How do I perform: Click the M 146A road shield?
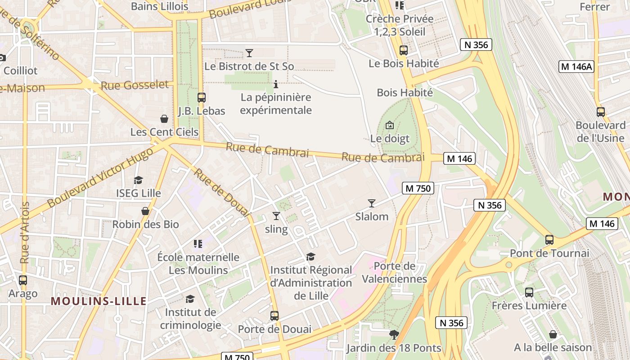click(x=576, y=67)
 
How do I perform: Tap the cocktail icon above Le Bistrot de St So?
click(x=249, y=53)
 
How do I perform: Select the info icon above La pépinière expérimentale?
click(x=276, y=84)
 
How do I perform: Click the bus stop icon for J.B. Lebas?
click(x=202, y=98)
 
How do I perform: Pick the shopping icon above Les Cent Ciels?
click(x=164, y=119)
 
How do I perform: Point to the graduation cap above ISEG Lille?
click(x=138, y=180)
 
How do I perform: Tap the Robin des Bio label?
click(x=145, y=224)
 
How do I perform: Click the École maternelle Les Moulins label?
click(x=198, y=264)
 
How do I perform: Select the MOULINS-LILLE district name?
click(x=99, y=301)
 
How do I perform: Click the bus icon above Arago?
click(x=23, y=280)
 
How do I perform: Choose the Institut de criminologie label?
click(x=191, y=319)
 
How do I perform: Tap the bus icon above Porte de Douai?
click(x=274, y=316)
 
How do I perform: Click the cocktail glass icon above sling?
click(x=276, y=216)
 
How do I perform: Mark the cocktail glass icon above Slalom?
click(x=372, y=203)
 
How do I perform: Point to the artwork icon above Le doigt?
click(x=390, y=125)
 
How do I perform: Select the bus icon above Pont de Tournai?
click(x=549, y=240)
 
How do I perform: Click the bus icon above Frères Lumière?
click(x=529, y=292)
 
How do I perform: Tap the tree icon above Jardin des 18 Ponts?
click(x=394, y=335)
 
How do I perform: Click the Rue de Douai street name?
click(x=221, y=193)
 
